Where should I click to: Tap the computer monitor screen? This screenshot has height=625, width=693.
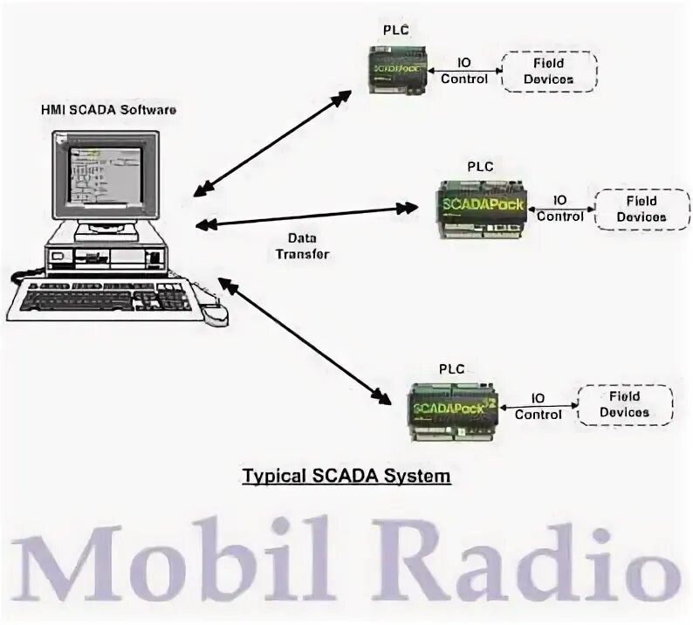pos(102,176)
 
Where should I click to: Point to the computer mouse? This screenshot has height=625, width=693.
pos(216,312)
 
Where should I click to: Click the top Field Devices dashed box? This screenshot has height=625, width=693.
pos(548,70)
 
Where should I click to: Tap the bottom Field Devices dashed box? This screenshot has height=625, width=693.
pos(624,404)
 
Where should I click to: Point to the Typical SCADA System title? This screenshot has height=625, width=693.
pos(346,477)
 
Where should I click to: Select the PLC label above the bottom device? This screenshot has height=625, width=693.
pos(451,368)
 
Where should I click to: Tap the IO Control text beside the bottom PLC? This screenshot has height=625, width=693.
pos(538,407)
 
